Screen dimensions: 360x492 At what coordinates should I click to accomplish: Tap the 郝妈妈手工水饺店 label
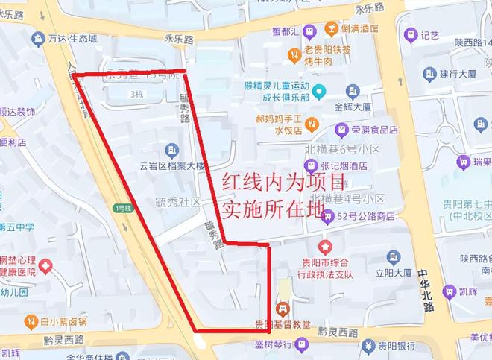pos(277,124)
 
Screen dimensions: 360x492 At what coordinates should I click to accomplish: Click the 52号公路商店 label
pos(366,217)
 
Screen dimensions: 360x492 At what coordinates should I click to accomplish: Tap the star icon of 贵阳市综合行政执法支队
pos(325,245)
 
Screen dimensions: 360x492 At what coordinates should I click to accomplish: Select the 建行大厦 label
pos(458,74)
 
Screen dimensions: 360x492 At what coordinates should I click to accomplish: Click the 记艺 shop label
pos(429,34)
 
